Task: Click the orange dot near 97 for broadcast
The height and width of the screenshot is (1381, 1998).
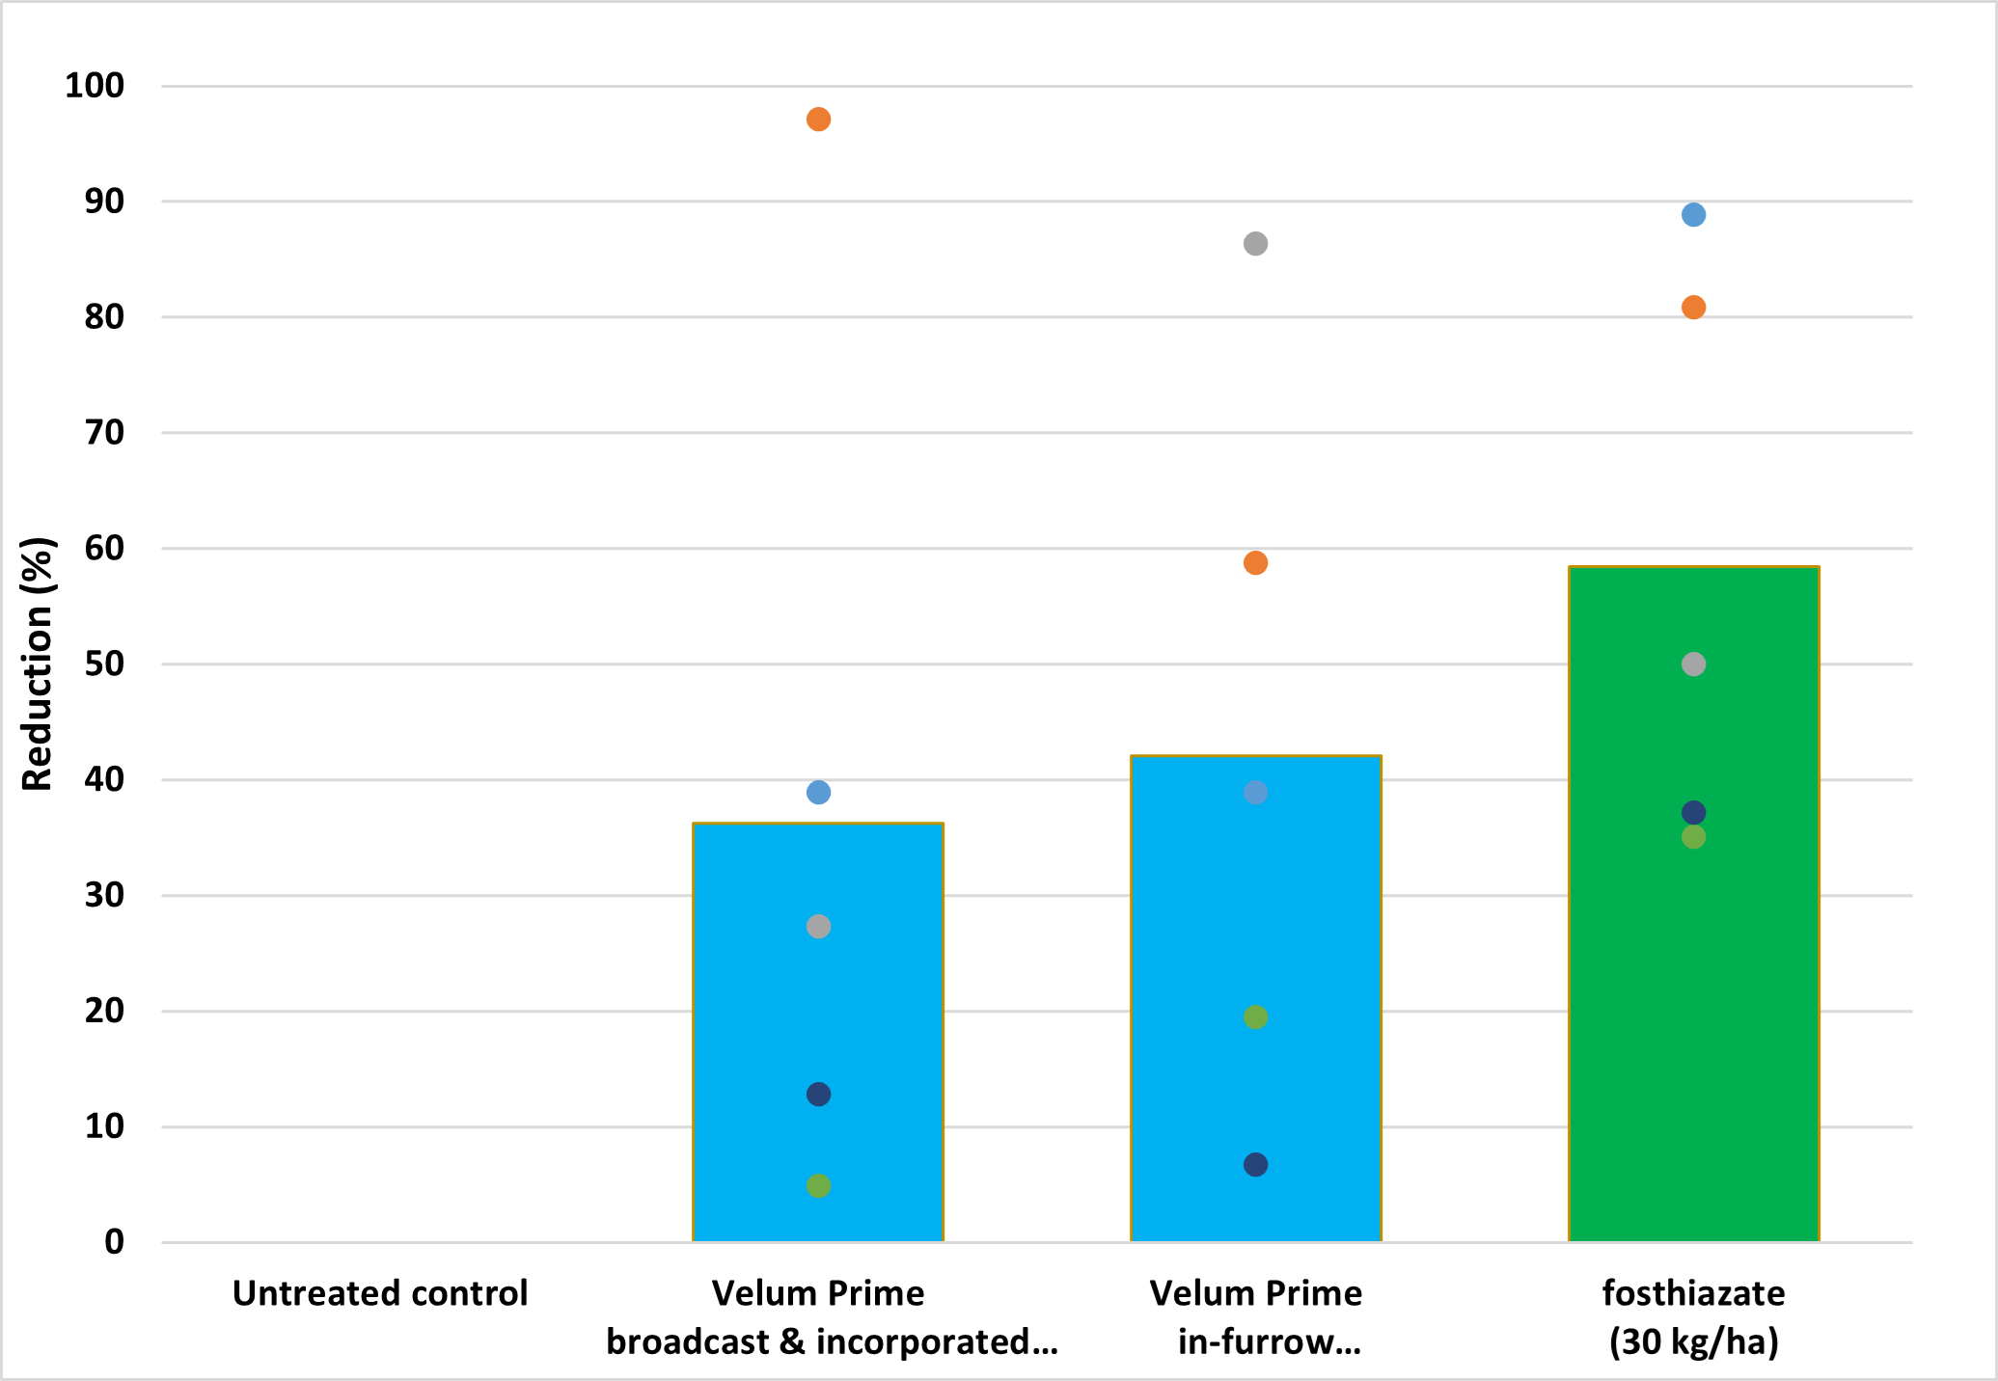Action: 818,120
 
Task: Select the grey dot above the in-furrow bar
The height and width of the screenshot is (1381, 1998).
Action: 1255,244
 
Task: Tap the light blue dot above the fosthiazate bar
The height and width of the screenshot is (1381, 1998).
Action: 1693,215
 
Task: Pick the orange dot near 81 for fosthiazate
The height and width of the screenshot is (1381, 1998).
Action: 1693,308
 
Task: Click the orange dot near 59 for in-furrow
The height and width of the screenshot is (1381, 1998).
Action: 1255,563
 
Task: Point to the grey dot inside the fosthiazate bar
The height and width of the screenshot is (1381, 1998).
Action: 1693,664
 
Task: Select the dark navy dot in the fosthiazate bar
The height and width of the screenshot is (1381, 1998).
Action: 1693,813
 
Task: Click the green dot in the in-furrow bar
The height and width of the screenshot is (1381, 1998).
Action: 1255,1017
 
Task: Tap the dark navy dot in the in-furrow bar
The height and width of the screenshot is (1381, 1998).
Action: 1255,1165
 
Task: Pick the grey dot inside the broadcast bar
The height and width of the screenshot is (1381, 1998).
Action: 818,927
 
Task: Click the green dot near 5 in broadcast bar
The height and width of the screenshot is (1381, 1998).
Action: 818,1186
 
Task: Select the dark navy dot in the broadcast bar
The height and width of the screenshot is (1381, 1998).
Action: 818,1095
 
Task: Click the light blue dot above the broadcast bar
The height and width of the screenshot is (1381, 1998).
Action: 818,793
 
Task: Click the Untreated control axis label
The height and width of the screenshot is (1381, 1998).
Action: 380,1293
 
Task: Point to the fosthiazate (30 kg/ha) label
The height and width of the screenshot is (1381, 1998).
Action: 1693,1317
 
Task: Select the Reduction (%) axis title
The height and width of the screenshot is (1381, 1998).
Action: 37,664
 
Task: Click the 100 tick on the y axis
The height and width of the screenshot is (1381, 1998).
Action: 95,86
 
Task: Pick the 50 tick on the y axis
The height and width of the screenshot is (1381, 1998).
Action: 104,664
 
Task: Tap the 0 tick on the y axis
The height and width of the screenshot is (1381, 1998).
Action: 115,1242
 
